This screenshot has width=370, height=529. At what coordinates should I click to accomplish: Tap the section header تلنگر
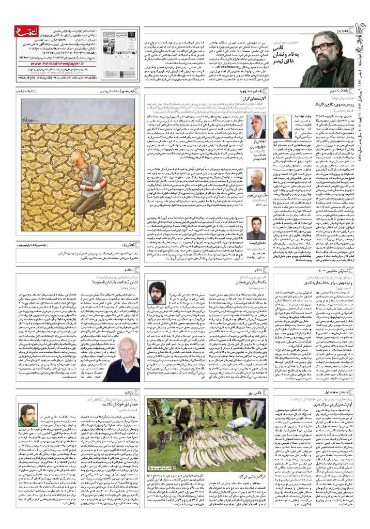[255, 271]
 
